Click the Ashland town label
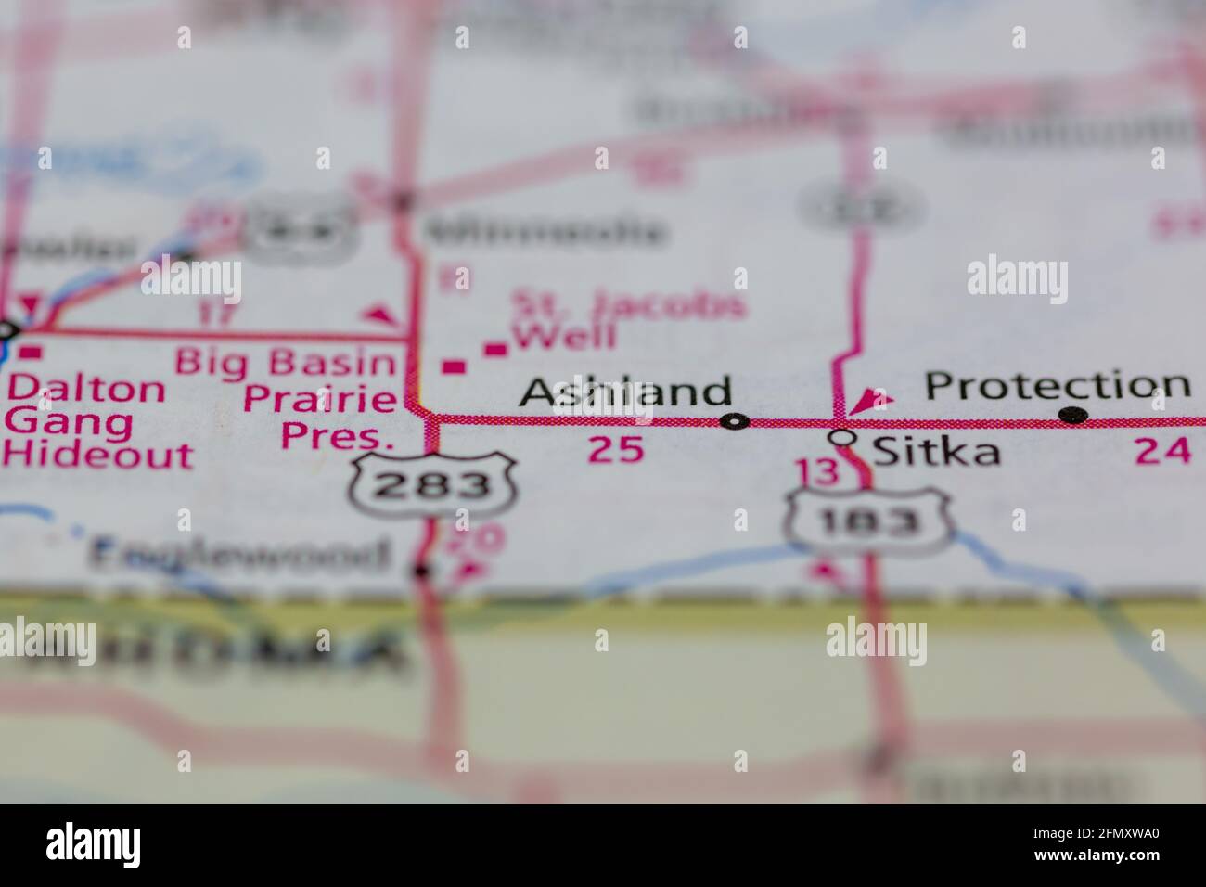point(624,392)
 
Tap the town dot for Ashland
point(736,422)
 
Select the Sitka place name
point(937,452)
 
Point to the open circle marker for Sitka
point(841,436)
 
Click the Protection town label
point(1058,385)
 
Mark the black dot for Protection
point(1073,415)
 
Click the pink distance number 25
point(615,450)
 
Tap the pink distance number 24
point(1162,451)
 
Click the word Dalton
point(85,388)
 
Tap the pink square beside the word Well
point(497,349)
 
